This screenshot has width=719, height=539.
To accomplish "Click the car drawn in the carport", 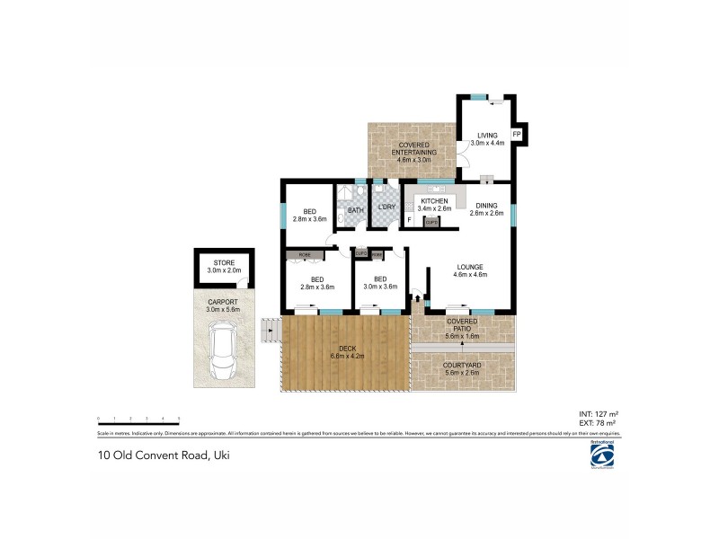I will coord(222,351).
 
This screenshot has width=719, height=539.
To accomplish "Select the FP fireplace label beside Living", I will coord(517,135).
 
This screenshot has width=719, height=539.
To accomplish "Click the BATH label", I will coord(355,211).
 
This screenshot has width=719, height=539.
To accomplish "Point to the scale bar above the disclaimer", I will coord(138,419).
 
